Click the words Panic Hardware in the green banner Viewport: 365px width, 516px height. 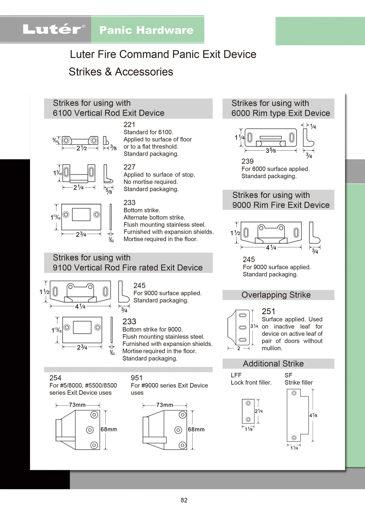[146, 30]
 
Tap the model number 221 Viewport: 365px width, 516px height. [129, 125]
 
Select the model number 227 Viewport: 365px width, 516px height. [129, 167]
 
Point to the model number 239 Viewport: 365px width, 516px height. [247, 161]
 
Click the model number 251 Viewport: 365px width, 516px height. [268, 311]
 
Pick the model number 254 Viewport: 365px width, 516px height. [55, 378]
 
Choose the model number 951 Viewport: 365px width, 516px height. [137, 378]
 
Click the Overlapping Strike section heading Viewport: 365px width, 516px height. [276, 295]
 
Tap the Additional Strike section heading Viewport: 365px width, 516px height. [273, 364]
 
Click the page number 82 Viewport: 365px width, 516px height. [184, 500]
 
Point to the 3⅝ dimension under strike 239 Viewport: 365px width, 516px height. [271, 151]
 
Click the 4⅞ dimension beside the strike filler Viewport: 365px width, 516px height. [313, 415]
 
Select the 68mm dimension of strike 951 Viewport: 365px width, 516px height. [196, 429]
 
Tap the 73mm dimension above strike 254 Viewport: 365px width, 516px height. [77, 405]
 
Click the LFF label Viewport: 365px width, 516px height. [236, 375]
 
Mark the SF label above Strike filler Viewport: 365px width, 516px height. [288, 375]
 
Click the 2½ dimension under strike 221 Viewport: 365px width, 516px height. [82, 148]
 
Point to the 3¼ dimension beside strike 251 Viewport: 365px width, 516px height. [254, 326]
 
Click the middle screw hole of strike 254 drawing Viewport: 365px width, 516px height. [90, 430]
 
